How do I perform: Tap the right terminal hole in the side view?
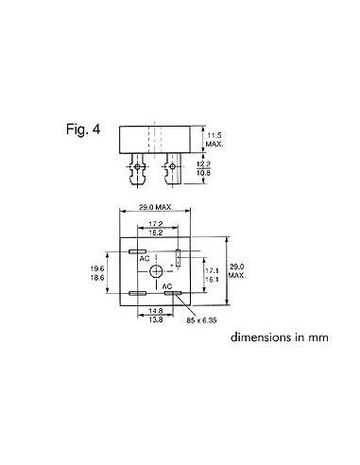tap(173, 169)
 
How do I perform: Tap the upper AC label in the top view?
tap(145, 257)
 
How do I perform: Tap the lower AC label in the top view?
tap(165, 286)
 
